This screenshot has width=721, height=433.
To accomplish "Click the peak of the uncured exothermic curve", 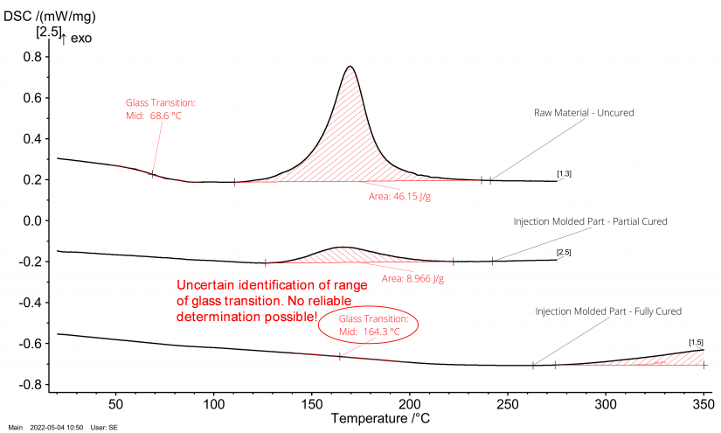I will pos(350,66).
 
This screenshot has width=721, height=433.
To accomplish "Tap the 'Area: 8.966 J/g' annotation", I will pos(412,279).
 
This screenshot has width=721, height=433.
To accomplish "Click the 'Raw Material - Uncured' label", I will pos(584,113).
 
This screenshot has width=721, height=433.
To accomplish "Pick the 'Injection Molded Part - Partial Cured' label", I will pos(589,221).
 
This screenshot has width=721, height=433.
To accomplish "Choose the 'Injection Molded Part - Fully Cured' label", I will pos(608,311).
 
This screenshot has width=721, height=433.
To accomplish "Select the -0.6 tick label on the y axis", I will pos(31,344).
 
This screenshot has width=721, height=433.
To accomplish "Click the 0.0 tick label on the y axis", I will pos(32,220).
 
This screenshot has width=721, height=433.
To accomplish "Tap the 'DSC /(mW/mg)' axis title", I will pos(47,15).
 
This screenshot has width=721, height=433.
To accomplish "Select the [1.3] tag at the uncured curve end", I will pos(564,176).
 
